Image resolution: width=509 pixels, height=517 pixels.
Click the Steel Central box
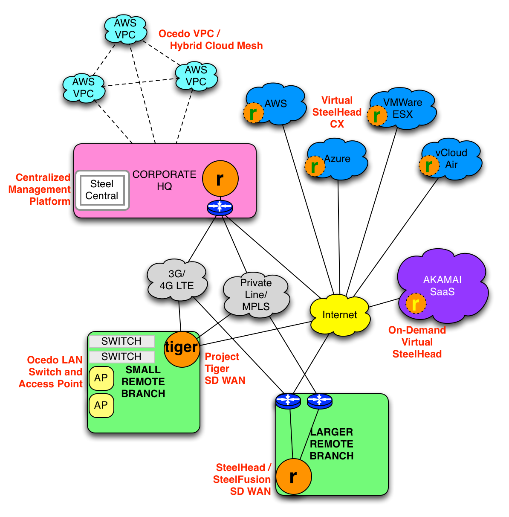[102, 190]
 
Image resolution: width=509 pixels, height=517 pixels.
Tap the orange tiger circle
[182, 349]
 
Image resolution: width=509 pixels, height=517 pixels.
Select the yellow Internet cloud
[340, 315]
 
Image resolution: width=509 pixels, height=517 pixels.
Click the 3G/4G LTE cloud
[177, 280]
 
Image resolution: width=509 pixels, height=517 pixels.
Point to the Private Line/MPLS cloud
[256, 295]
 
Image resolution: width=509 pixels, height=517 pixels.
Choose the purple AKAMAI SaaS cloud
[442, 285]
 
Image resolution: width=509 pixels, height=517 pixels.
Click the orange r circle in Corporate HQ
[220, 179]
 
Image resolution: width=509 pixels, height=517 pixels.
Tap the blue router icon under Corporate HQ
[220, 208]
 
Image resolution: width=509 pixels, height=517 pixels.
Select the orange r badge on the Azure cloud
[315, 166]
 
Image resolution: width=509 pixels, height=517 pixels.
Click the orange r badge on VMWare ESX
[377, 115]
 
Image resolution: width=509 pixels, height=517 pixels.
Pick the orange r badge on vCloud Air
[429, 166]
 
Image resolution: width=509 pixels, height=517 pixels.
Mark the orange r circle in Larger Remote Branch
[294, 476]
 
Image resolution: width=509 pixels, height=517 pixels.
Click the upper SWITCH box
[121, 342]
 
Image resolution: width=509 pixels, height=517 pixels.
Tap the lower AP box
[101, 405]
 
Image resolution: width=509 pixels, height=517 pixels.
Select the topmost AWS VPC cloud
[125, 29]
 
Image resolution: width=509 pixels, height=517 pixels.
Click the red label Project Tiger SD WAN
[225, 369]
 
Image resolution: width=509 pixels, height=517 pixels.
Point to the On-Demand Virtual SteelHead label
[417, 342]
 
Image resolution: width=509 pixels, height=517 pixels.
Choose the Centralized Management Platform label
[40, 189]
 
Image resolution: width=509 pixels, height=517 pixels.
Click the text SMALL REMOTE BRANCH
[143, 382]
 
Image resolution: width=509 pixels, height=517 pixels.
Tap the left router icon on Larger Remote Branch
[288, 401]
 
